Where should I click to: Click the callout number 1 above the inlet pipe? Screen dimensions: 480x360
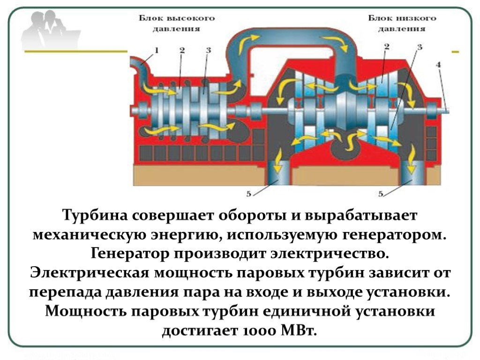click(156, 50)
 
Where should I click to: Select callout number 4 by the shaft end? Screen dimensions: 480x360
click(438, 65)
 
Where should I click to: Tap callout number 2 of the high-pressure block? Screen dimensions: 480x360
click(182, 50)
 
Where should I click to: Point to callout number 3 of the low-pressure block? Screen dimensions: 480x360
click(420, 47)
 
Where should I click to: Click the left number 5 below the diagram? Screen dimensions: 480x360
click(248, 194)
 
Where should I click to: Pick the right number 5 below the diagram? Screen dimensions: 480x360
click(381, 194)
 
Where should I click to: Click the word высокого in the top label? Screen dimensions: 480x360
click(192, 18)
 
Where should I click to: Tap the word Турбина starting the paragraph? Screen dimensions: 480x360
click(95, 216)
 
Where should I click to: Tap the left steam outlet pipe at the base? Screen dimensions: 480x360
click(278, 172)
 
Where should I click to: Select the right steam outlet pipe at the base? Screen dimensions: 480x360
click(411, 172)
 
